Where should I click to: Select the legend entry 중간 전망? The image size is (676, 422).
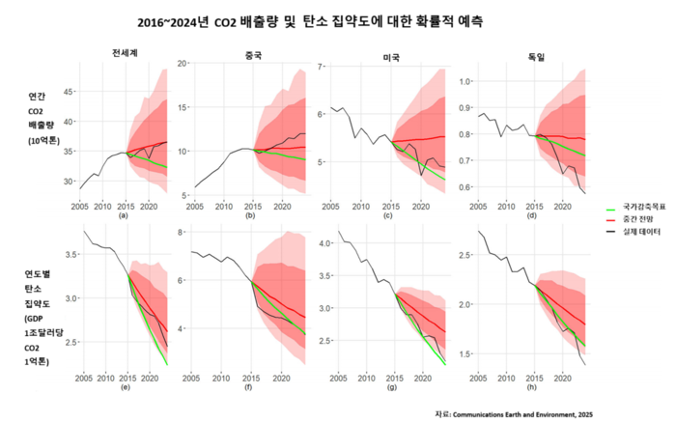638,220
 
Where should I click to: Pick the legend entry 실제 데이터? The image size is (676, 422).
641,234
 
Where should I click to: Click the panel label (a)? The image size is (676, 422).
123,215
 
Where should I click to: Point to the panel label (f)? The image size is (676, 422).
248,388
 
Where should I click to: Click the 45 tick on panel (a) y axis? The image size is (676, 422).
69,92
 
